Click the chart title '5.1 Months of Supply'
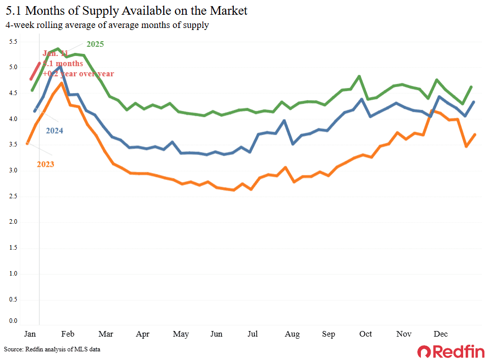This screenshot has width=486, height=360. pyautogui.click(x=127, y=11)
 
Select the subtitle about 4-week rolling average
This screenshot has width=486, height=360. pyautogui.click(x=107, y=25)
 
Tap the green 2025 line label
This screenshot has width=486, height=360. pyautogui.click(x=95, y=44)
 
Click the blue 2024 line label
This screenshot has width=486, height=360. pyautogui.click(x=55, y=130)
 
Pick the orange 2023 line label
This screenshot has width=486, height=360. pyautogui.click(x=45, y=164)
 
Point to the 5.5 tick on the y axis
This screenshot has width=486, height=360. pyautogui.click(x=13, y=41)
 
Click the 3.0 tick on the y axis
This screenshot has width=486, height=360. pyautogui.click(x=13, y=170)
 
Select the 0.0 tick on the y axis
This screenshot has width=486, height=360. pyautogui.click(x=13, y=320)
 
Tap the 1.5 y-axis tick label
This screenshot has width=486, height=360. pyautogui.click(x=13, y=248)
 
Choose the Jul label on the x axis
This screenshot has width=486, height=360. pyautogui.click(x=253, y=334)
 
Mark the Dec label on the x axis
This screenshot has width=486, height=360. pyautogui.click(x=440, y=334)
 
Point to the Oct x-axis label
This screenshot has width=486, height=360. pyautogui.click(x=366, y=334)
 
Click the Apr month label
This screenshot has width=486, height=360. pyautogui.click(x=143, y=334)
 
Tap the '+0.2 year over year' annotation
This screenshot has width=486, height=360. pyautogui.click(x=78, y=74)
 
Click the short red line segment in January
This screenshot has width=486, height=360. pyautogui.click(x=36, y=71)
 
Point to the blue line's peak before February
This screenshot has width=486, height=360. pyautogui.click(x=60, y=67)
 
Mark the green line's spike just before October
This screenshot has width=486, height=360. pyautogui.click(x=359, y=76)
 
